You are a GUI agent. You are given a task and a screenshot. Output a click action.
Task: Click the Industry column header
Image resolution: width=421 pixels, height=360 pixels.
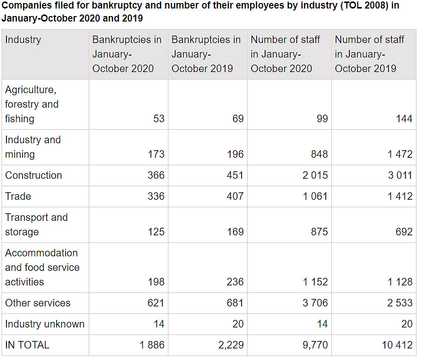click(23, 40)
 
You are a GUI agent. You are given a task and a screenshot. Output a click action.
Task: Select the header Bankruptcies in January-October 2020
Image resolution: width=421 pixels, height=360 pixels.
click(127, 54)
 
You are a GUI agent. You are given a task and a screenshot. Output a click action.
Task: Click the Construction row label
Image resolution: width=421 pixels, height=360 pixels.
click(34, 175)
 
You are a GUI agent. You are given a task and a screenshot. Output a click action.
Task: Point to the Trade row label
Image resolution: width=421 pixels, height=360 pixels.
click(18, 196)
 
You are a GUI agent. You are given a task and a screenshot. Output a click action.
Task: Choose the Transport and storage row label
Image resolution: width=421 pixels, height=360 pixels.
click(36, 224)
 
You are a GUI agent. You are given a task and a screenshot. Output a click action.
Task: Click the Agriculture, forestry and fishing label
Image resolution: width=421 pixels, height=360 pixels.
click(32, 104)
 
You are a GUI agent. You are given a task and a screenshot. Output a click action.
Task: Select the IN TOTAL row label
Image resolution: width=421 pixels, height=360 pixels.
click(27, 345)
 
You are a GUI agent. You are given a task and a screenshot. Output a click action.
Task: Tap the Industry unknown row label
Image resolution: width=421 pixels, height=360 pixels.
click(45, 324)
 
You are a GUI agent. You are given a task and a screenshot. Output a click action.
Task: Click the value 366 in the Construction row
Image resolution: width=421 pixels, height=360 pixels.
click(156, 175)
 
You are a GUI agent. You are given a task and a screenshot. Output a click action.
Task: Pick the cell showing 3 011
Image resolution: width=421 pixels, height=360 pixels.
click(399, 175)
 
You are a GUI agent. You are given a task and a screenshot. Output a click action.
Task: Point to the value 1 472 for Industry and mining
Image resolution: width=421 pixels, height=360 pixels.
click(399, 154)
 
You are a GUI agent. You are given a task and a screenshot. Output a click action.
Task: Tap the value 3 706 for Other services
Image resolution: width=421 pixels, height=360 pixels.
click(315, 303)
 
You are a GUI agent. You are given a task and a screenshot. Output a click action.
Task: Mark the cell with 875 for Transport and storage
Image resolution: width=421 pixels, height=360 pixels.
click(319, 232)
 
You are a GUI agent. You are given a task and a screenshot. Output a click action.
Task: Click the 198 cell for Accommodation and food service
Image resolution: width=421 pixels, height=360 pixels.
click(156, 282)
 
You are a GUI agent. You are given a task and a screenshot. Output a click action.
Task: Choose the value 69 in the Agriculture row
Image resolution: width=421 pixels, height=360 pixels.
click(238, 119)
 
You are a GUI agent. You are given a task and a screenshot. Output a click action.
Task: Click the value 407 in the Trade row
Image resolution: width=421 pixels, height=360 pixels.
click(235, 196)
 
